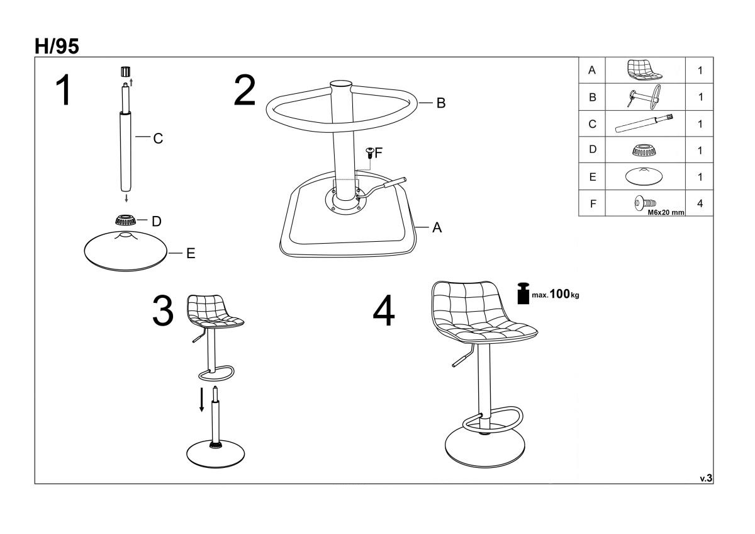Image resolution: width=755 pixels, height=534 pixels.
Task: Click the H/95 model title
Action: tap(57, 46)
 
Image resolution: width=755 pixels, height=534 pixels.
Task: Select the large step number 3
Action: tap(163, 310)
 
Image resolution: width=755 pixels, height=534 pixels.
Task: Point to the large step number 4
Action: tap(384, 310)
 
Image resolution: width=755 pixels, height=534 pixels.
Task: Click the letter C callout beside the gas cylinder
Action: tap(158, 139)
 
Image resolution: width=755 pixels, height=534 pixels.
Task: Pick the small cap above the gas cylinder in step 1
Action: tap(126, 72)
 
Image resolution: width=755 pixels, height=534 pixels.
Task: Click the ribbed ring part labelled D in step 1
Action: tap(125, 220)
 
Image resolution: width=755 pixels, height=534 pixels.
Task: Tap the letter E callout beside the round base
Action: tap(191, 253)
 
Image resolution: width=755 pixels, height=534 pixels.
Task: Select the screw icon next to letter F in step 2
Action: tap(370, 152)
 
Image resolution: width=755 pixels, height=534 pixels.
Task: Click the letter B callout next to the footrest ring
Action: tap(441, 103)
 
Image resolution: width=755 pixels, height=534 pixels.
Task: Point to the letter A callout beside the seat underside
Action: tap(437, 227)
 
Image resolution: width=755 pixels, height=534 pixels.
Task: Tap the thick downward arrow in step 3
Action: tap(201, 400)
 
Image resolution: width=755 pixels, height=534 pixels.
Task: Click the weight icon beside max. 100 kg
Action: tap(523, 293)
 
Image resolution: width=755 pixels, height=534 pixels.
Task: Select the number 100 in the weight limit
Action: tap(559, 294)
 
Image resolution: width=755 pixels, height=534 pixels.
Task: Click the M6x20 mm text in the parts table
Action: tap(666, 212)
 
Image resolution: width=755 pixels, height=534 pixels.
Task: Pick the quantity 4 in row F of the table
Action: tap(700, 203)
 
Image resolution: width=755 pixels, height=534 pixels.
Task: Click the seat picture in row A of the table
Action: tap(644, 70)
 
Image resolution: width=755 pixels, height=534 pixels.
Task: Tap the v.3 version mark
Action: tap(706, 478)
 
